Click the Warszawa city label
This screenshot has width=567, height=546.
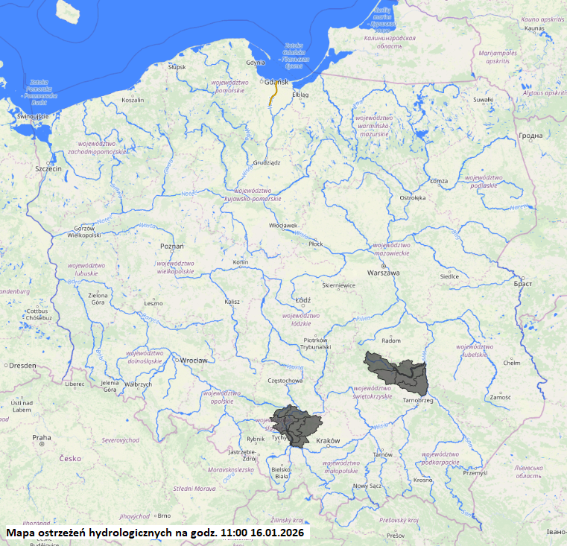click(x=383, y=273)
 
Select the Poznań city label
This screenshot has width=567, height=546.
click(x=172, y=245)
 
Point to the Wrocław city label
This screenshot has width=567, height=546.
click(x=193, y=360)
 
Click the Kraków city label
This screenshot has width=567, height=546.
click(x=328, y=441)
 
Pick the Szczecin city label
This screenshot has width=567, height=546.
click(x=48, y=169)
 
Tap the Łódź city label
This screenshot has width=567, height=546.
click(x=302, y=300)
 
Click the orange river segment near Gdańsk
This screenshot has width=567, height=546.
click(x=273, y=94)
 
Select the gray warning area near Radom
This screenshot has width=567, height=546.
click(x=395, y=370)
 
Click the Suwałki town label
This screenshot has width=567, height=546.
click(x=484, y=99)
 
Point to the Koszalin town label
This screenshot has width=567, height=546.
click(x=133, y=100)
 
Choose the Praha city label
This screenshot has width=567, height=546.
click(x=41, y=437)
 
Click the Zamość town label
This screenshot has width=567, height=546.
click(x=500, y=397)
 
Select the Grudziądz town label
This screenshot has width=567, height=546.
click(x=266, y=162)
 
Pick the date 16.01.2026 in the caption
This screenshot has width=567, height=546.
click(x=277, y=533)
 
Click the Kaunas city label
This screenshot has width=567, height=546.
click(x=535, y=28)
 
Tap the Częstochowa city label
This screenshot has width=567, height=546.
click(x=286, y=381)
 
